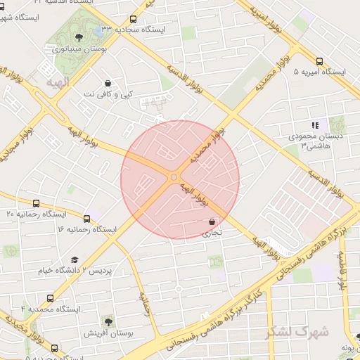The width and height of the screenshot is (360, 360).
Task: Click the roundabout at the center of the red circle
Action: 174,177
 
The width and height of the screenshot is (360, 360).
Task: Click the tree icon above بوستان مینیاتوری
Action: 77,37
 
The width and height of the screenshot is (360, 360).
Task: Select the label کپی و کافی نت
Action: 107,94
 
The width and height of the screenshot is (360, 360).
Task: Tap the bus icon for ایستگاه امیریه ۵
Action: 320,61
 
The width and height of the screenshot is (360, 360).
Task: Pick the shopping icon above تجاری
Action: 212,221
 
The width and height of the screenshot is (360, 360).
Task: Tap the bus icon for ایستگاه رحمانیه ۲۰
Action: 37,203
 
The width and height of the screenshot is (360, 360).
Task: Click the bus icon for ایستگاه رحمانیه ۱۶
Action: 87,219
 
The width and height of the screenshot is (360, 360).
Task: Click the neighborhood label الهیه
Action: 59,84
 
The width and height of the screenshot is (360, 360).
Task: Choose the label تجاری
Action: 212,231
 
